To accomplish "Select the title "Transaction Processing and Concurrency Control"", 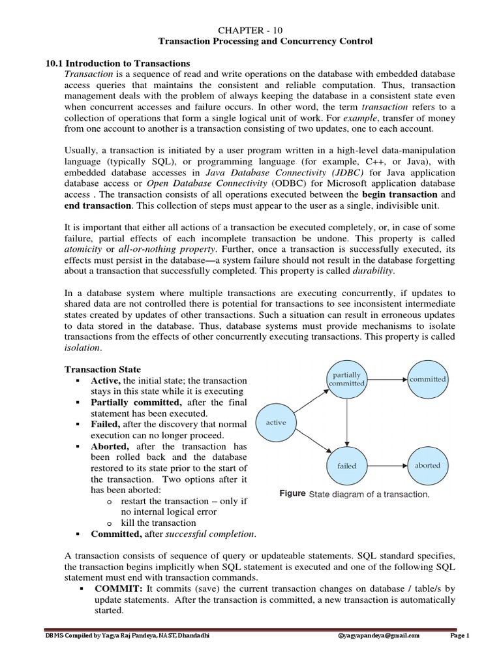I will (x=266, y=41).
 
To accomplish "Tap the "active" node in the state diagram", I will (x=277, y=422).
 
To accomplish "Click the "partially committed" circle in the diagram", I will (x=347, y=379).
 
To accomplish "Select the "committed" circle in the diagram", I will (x=428, y=379).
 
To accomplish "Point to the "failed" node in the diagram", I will (x=347, y=466).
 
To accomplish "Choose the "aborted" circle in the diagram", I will (x=428, y=465).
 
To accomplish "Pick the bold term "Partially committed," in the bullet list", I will (x=136, y=402).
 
